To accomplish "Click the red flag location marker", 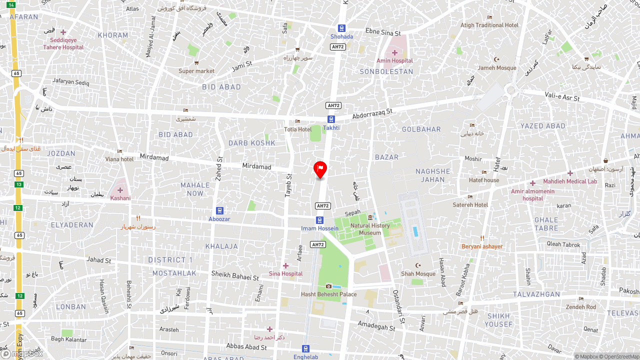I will tap(320, 169).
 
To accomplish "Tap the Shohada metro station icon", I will tap(341, 28).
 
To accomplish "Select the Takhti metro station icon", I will tap(331, 119).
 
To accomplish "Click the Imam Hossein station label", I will tap(319, 228).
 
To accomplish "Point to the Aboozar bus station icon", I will tap(219, 210).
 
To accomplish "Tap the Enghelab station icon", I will tap(305, 349).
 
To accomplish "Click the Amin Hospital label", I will tap(394, 61).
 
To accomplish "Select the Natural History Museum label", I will tap(370, 229).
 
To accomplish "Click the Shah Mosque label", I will tap(418, 274).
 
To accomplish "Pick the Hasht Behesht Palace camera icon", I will tap(328, 286).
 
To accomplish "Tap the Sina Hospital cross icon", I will tap(285, 266).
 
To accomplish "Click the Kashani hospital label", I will tap(120, 198).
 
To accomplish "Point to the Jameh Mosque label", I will tap(496, 68).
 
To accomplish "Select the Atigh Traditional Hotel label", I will tap(489, 25).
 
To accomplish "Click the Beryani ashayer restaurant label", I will tap(481, 246).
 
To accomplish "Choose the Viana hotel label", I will tap(119, 159).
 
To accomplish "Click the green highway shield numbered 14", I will tap(11, 4).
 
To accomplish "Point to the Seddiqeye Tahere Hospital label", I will tap(63, 44).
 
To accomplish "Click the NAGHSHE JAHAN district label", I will tap(432, 175).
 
